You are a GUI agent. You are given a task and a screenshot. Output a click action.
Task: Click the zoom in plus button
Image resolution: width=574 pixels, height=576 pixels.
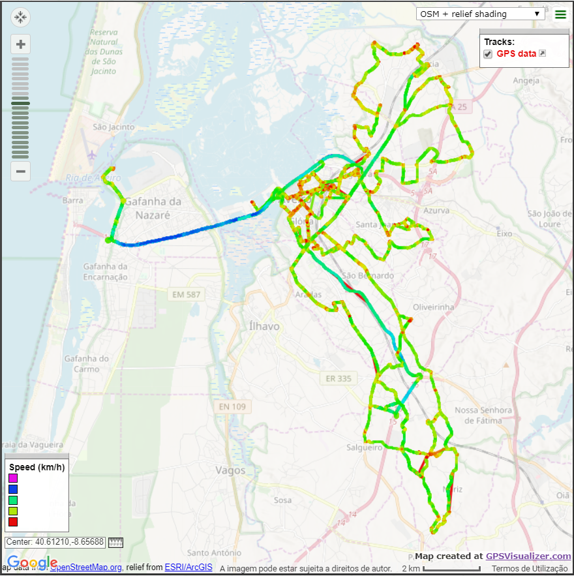tap(21, 44)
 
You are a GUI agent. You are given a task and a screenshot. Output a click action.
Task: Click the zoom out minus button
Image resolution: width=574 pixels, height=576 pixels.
tap(21, 172)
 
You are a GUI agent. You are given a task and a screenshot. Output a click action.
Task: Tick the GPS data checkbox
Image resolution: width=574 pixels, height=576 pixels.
tap(488, 53)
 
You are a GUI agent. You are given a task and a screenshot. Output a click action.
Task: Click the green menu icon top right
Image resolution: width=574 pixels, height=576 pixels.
tap(560, 14)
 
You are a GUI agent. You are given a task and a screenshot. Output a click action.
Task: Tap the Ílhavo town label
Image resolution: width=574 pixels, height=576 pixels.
tap(264, 326)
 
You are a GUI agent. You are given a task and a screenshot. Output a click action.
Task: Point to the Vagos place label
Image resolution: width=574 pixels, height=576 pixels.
tap(230, 470)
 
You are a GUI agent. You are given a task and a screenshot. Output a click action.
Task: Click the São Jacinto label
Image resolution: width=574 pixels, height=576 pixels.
tap(113, 127)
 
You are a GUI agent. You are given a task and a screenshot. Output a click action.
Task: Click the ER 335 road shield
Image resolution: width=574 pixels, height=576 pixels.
tap(338, 378)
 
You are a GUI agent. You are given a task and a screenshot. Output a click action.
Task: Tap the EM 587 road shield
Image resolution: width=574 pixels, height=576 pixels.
tap(187, 295)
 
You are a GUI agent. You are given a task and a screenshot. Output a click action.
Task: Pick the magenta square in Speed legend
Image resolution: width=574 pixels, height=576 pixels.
tap(13, 478)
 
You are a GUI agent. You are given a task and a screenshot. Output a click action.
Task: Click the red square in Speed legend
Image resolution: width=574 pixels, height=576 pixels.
tap(13, 522)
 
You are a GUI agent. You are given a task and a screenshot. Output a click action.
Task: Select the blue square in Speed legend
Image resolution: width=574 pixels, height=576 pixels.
tap(13, 489)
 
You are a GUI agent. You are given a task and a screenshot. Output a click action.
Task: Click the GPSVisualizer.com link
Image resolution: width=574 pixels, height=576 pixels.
tap(528, 556)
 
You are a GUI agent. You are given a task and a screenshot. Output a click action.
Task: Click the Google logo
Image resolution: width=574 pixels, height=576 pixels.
tap(33, 563)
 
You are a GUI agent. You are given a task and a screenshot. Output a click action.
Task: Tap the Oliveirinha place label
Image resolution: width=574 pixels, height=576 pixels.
tap(434, 307)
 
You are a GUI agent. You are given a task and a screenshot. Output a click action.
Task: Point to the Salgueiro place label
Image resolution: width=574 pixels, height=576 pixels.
tap(364, 447)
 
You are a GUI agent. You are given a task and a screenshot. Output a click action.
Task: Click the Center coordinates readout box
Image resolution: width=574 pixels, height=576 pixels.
tap(55, 542)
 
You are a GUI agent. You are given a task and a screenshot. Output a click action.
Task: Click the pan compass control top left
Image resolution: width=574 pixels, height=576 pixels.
tap(20, 18)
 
